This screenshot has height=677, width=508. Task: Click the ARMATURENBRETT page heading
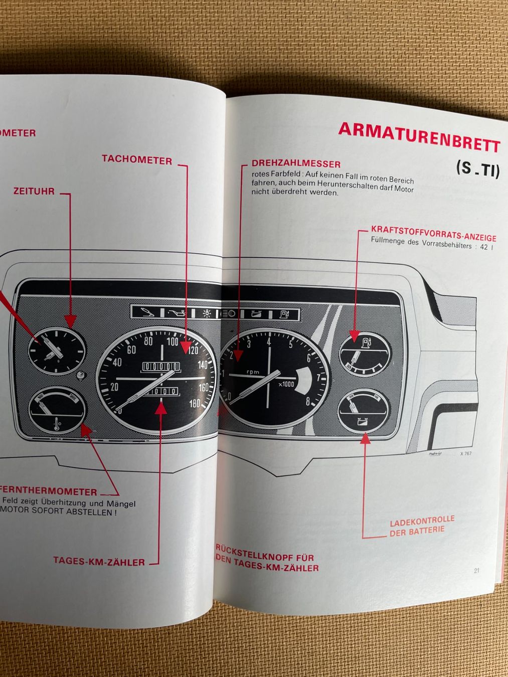click(419, 136)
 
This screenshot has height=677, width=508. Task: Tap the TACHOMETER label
click(137, 159)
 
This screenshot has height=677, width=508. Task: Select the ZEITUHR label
click(34, 191)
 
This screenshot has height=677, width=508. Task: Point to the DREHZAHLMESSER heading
click(296, 163)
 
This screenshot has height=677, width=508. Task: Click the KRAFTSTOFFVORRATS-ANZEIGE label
click(433, 233)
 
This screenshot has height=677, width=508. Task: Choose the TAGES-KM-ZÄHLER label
click(99, 561)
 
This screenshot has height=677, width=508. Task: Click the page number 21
click(476, 570)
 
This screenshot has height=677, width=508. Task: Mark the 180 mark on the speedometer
click(195, 403)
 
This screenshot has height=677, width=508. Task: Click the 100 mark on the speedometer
click(173, 342)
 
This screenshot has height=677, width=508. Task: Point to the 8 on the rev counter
click(307, 402)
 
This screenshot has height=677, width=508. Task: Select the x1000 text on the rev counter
click(286, 384)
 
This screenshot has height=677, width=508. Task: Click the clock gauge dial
click(56, 350)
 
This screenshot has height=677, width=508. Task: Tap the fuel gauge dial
click(364, 354)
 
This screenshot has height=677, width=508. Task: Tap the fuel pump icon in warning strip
click(284, 314)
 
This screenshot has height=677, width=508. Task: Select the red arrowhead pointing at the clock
click(70, 321)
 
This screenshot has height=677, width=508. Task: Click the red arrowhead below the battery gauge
click(365, 439)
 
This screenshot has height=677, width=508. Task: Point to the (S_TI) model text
click(477, 168)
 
